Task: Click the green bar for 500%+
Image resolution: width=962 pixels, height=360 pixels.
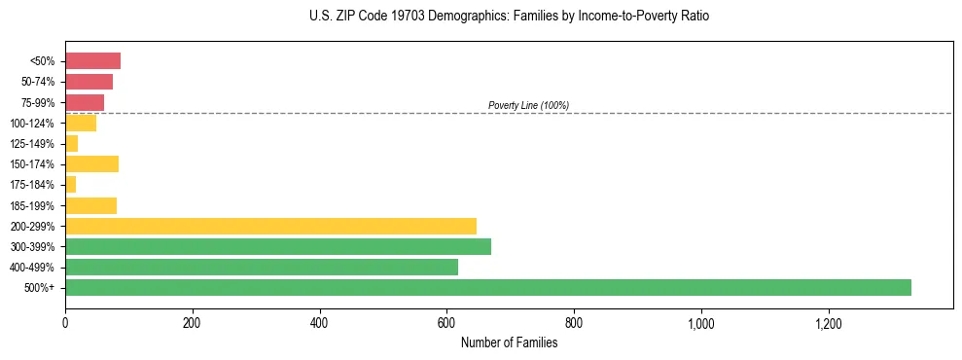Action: click(487, 287)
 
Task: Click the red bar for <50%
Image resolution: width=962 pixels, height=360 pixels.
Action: click(92, 61)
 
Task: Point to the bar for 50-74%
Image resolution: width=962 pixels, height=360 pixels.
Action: click(89, 82)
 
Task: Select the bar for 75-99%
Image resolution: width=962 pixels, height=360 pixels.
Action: click(85, 102)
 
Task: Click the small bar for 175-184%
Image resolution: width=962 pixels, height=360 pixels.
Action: click(70, 184)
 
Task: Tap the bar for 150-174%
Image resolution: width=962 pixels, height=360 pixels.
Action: click(91, 163)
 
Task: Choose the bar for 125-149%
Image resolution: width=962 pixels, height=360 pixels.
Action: click(71, 143)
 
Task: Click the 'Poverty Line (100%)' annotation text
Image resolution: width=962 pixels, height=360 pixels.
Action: click(528, 105)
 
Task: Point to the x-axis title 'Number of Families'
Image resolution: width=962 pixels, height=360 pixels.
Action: click(509, 342)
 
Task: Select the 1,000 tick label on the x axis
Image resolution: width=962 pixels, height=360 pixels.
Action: click(700, 323)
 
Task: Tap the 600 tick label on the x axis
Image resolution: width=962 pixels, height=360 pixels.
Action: click(446, 323)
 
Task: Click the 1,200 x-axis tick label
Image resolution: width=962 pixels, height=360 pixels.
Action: click(828, 323)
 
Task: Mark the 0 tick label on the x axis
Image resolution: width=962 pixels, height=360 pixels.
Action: click(65, 323)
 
